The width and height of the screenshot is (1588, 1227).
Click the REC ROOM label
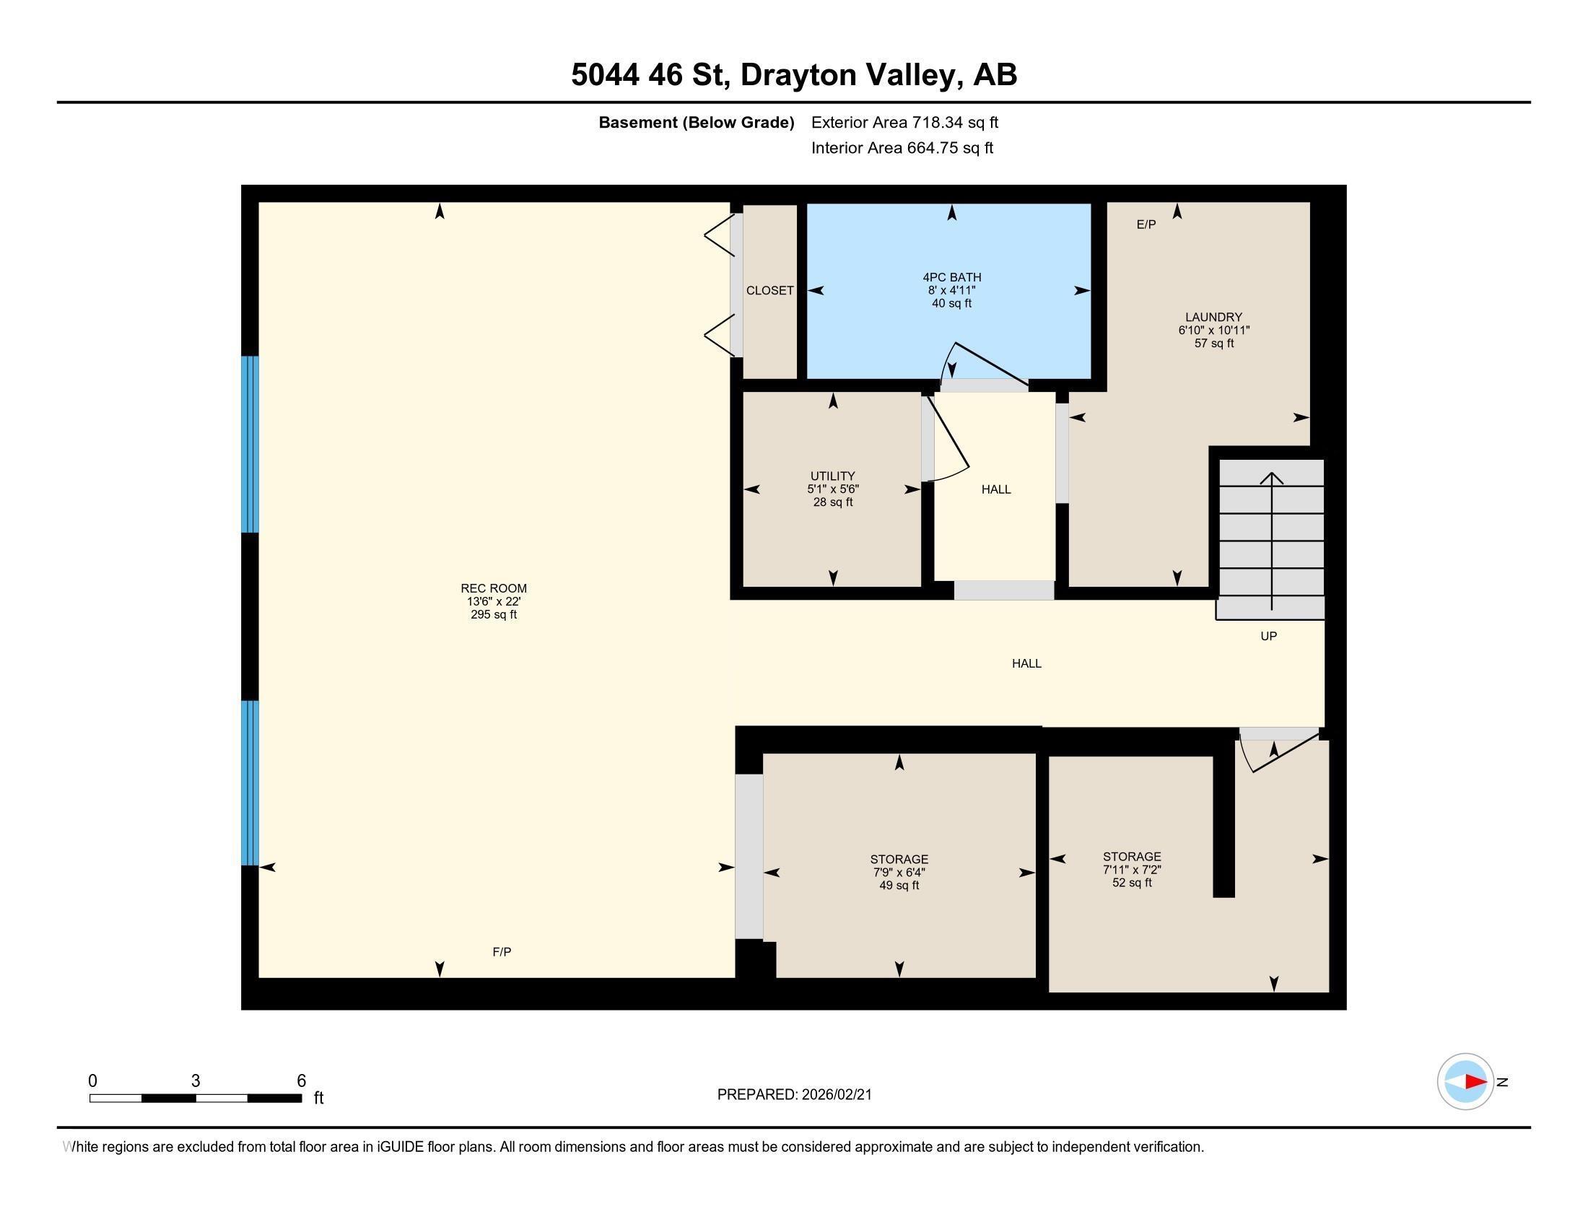[493, 588]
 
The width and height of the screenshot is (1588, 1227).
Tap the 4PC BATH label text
[952, 277]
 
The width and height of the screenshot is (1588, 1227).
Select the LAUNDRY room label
[1213, 317]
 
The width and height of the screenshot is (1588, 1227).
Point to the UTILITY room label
[832, 476]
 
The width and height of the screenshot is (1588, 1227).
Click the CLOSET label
[769, 291]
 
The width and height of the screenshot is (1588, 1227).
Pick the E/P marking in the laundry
[1146, 224]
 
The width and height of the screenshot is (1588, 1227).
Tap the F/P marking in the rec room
[502, 952]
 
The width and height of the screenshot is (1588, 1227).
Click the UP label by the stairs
[1268, 636]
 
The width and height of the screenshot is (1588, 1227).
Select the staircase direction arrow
[1272, 538]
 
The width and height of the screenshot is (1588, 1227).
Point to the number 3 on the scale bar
[196, 1081]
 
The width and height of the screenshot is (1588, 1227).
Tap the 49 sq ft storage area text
[899, 886]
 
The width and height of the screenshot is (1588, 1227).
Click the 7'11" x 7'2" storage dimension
[1131, 870]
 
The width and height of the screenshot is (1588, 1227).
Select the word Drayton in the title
[799, 75]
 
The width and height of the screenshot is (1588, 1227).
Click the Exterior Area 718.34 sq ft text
[904, 123]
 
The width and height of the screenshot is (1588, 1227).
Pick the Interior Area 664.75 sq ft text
[902, 148]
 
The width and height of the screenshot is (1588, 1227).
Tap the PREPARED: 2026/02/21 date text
[794, 1095]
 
